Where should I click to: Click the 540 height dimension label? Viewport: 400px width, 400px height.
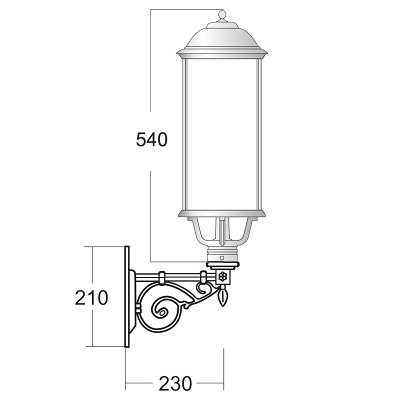point(151,139)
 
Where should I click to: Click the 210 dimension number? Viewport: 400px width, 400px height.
point(91,297)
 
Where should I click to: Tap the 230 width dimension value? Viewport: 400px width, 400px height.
point(175,383)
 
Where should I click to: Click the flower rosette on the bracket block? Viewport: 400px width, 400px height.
point(222,276)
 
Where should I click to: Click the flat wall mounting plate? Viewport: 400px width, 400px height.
point(127,296)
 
